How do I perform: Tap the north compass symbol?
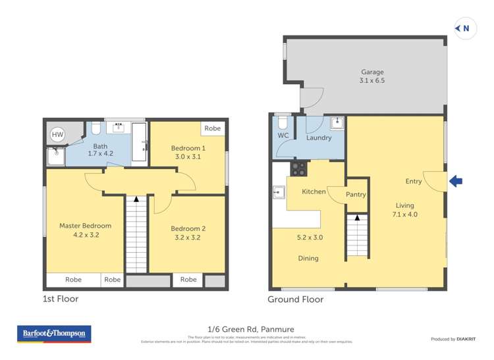465,28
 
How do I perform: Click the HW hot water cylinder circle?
58,135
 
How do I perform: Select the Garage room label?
371,72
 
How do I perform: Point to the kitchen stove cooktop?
298,168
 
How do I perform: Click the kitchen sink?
277,192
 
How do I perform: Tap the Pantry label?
356,195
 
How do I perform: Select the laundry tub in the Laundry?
336,122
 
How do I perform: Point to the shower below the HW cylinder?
53,156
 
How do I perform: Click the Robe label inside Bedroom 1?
212,128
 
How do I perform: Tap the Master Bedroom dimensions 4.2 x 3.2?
85,235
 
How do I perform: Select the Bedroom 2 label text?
188,228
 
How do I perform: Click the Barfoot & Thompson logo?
53,334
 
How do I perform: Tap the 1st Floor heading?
61,299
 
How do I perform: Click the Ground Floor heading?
295,299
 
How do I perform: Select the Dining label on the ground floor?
308,258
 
